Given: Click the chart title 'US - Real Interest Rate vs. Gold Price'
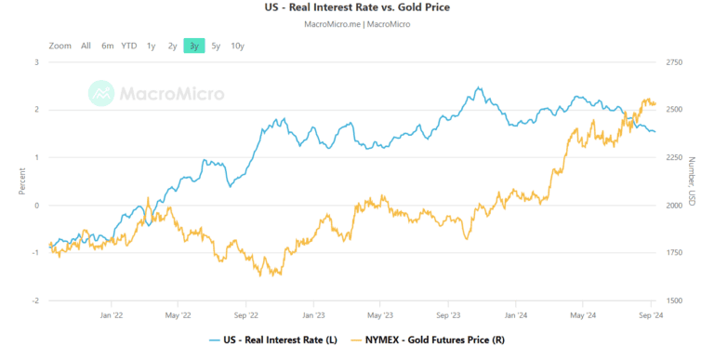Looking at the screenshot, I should click(357, 8).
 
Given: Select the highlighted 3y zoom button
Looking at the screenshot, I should click(193, 46).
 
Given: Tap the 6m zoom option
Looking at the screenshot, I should click(108, 46).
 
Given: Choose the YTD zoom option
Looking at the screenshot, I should click(129, 46).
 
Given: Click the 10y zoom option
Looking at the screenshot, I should click(237, 46).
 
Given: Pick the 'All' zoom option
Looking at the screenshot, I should click(86, 46).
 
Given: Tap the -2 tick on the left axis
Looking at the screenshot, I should click(35, 301).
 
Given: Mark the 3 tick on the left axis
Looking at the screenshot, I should click(36, 62).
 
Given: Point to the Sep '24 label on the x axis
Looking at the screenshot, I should click(651, 315).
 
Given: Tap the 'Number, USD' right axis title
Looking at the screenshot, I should click(692, 180).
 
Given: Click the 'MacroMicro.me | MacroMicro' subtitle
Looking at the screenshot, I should click(357, 24).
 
